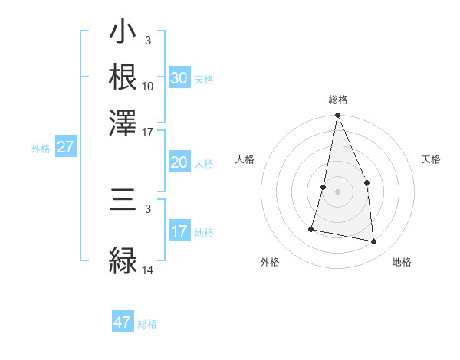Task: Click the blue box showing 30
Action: pyautogui.click(x=179, y=78)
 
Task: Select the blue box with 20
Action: pyautogui.click(x=179, y=162)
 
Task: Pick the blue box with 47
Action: pyautogui.click(x=123, y=322)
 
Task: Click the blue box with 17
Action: pyautogui.click(x=179, y=231)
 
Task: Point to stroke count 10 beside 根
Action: pyautogui.click(x=148, y=86)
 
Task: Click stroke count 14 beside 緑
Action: pyautogui.click(x=148, y=270)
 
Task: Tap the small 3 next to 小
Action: pyautogui.click(x=147, y=40)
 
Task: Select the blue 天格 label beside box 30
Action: pyautogui.click(x=204, y=80)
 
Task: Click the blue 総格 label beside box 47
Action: pyautogui.click(x=147, y=324)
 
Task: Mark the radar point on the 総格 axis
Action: pyautogui.click(x=337, y=116)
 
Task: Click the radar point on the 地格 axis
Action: pyautogui.click(x=374, y=242)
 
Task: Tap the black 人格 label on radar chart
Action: pyautogui.click(x=245, y=159)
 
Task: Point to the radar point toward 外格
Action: pyautogui.click(x=311, y=228)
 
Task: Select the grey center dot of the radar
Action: pyautogui.click(x=337, y=191)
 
